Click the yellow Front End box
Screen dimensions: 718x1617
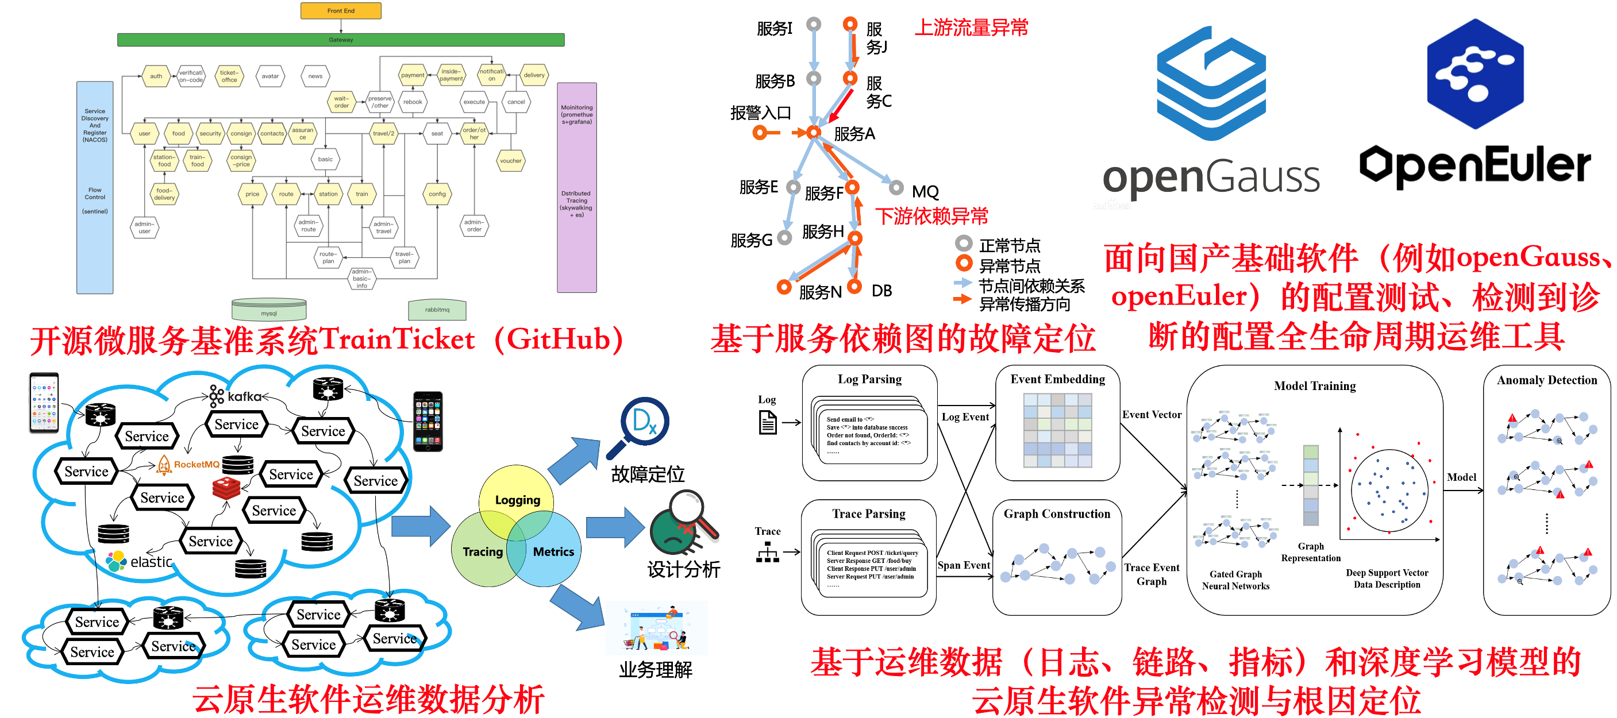coord(340,11)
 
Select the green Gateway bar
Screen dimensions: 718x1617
coord(340,40)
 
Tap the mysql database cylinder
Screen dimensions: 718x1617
coord(269,310)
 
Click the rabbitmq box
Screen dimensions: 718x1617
coord(437,310)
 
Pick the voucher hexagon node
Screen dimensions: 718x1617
coord(510,161)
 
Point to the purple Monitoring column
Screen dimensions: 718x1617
coord(576,188)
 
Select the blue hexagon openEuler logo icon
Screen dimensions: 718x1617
coord(1475,74)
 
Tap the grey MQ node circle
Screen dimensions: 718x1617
coord(896,188)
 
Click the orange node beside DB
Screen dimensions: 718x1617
coord(854,286)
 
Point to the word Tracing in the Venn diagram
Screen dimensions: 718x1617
coord(482,551)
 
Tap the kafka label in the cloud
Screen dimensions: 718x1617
coord(244,397)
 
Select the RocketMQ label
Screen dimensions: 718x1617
coord(196,465)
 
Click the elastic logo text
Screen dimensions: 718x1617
coord(151,562)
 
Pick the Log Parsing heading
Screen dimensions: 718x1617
coord(869,379)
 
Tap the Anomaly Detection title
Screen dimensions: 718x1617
coord(1546,380)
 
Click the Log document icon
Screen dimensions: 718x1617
coord(768,422)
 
